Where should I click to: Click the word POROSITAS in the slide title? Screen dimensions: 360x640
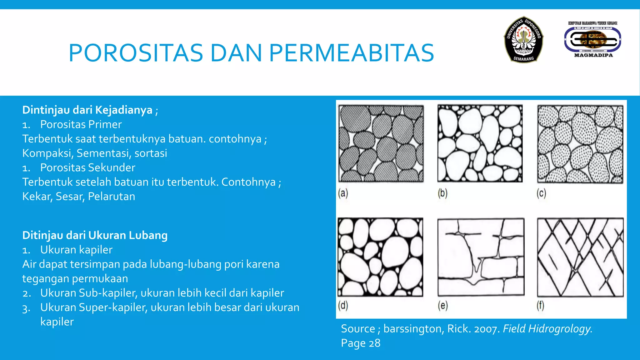136,53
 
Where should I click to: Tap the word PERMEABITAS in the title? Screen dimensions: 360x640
351,53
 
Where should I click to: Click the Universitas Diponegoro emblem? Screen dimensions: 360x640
523,39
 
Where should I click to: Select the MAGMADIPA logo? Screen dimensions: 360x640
593,40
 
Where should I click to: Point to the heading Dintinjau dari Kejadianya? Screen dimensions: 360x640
87,110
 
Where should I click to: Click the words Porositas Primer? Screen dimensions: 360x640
81,124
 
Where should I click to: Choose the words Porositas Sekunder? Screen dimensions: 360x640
87,167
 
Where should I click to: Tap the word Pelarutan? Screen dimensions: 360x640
112,196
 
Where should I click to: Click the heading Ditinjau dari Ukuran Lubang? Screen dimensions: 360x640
95,235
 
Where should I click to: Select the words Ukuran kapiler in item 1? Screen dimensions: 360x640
76,250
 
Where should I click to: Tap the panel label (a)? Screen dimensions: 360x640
343,193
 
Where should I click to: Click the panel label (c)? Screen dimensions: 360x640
541,193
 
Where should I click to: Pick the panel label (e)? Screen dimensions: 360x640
442,305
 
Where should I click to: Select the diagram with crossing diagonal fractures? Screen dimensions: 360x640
580,257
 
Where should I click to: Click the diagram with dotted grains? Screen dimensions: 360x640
580,144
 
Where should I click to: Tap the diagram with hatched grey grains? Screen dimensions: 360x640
381,144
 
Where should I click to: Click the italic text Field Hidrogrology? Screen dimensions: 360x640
547,329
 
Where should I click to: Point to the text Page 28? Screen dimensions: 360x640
361,343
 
